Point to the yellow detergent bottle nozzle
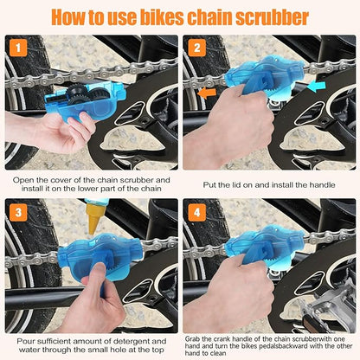(x=93, y=221)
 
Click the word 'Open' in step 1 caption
(x=25, y=180)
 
